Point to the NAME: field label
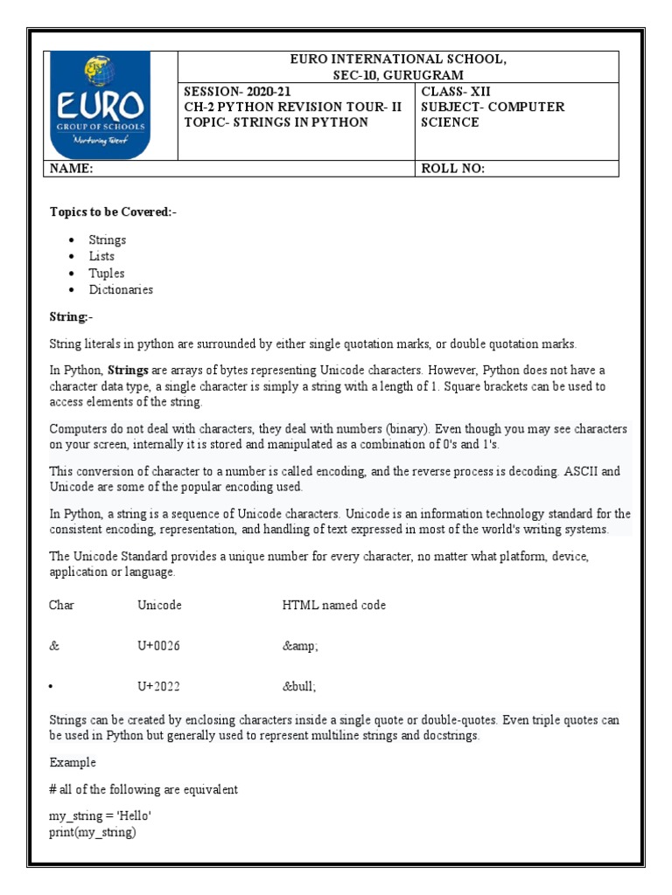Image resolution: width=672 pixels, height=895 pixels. tap(72, 170)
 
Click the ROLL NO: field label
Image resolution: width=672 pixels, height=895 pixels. tap(452, 170)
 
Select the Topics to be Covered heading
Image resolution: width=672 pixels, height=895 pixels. tap(113, 212)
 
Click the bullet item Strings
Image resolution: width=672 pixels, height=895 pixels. tap(107, 239)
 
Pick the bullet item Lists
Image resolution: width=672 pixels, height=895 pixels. tap(101, 256)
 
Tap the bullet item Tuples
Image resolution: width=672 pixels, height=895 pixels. tap(106, 273)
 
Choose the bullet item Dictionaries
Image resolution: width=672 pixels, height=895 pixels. tap(121, 289)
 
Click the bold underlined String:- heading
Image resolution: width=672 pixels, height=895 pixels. tap(71, 316)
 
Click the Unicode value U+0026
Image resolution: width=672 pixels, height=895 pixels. tap(158, 645)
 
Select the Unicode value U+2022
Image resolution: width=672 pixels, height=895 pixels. tap(158, 686)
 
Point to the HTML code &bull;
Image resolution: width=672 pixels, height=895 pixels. tap(298, 686)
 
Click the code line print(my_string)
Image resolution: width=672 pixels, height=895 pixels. tap(93, 832)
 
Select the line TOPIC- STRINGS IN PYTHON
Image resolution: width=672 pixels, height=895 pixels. tap(276, 122)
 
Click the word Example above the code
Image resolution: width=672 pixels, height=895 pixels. tap(73, 762)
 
